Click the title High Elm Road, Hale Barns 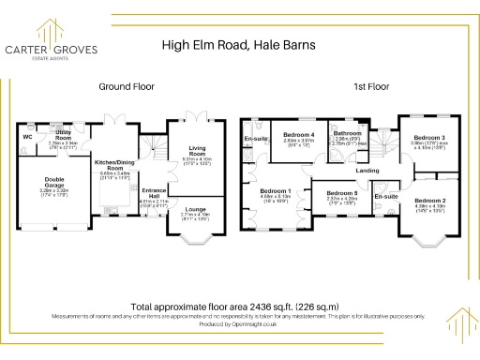click(x=240, y=43)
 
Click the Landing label click(x=368, y=171)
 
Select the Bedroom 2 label click(x=430, y=201)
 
